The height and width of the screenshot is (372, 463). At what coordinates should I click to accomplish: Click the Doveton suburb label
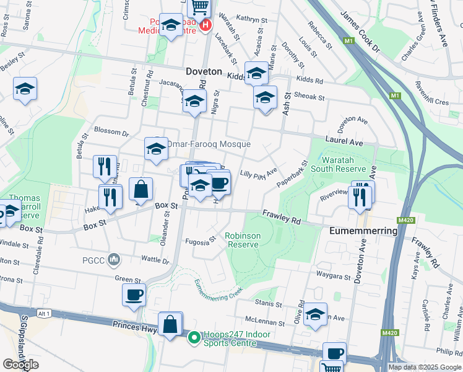click(x=204, y=72)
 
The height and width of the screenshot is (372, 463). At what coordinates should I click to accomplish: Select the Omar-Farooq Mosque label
click(x=209, y=144)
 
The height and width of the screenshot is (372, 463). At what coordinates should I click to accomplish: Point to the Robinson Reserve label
click(x=241, y=240)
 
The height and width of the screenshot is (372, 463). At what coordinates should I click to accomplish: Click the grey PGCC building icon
click(x=113, y=258)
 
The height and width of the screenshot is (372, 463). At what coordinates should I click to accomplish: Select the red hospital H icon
click(x=206, y=26)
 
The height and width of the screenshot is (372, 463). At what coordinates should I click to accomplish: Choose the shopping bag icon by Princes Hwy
click(x=170, y=323)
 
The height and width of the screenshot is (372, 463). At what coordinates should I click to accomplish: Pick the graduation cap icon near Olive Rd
click(x=315, y=314)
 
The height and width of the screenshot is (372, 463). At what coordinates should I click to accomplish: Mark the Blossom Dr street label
click(x=111, y=131)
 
